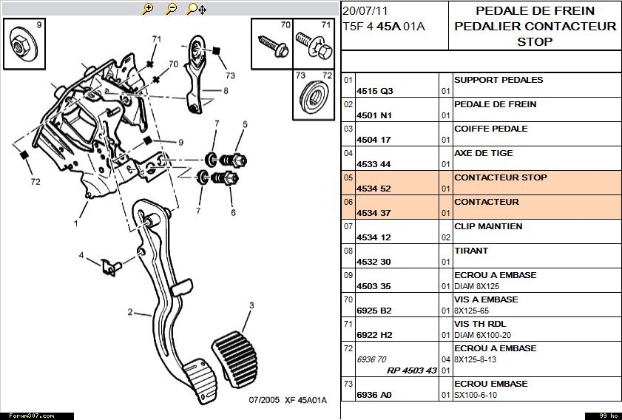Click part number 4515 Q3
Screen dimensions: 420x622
[375, 91]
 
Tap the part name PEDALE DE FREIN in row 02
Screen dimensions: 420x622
[495, 104]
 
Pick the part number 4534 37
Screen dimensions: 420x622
[374, 213]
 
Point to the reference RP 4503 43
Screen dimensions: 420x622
[412, 370]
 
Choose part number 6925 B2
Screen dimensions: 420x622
[375, 311]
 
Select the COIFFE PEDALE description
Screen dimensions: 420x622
[490, 129]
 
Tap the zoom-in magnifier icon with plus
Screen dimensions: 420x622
[148, 9]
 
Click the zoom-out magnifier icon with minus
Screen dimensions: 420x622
[171, 9]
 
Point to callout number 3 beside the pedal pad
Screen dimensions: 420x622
[251, 305]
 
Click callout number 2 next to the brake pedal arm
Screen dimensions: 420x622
[129, 313]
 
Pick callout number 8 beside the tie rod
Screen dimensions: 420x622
[226, 92]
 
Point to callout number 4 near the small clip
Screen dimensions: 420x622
[81, 256]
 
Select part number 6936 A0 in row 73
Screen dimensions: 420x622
[375, 395]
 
